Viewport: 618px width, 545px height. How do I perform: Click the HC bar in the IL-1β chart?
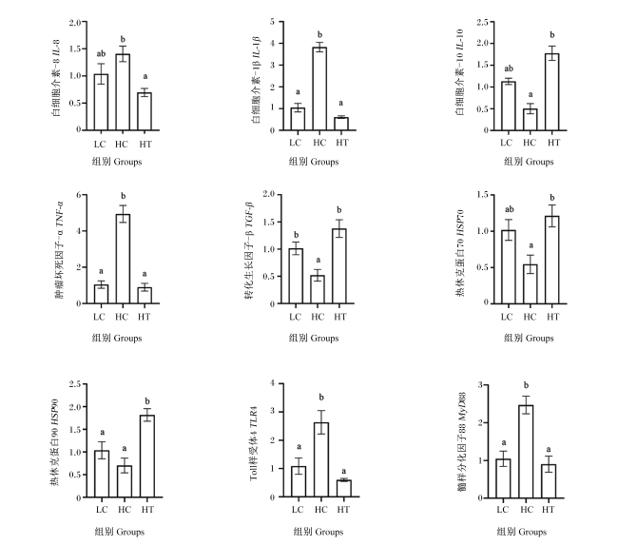coord(319,88)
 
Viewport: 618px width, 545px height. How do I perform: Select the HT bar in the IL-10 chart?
coord(551,92)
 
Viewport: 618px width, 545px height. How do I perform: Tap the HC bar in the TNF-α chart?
coord(123,259)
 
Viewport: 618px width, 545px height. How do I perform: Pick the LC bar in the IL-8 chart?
coord(101,102)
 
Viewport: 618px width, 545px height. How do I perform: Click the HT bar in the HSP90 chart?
coord(147,457)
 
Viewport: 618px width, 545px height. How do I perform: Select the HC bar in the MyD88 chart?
coord(526,452)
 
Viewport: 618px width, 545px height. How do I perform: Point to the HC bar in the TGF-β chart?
coord(318,290)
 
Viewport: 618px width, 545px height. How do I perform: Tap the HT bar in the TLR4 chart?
coord(343,489)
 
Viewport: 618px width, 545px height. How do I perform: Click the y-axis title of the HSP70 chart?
coord(460,253)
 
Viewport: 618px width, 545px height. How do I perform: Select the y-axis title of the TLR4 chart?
coord(254,443)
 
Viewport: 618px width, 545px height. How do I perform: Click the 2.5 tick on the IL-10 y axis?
coord(482,23)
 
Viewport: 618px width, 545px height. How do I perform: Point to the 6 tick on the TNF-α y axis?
coord(79,195)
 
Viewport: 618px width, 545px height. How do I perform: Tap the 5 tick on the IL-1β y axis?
coord(272,22)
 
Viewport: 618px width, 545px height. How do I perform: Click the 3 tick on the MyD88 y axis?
coord(480,385)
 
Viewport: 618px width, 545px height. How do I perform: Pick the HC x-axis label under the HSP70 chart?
coord(530,317)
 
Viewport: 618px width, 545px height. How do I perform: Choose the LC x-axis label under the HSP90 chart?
coord(102,510)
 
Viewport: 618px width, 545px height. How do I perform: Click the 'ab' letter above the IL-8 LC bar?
coord(101,53)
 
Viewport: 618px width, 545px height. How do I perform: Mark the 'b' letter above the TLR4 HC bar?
coord(321,398)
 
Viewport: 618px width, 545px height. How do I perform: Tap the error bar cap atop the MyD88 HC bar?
coord(526,397)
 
